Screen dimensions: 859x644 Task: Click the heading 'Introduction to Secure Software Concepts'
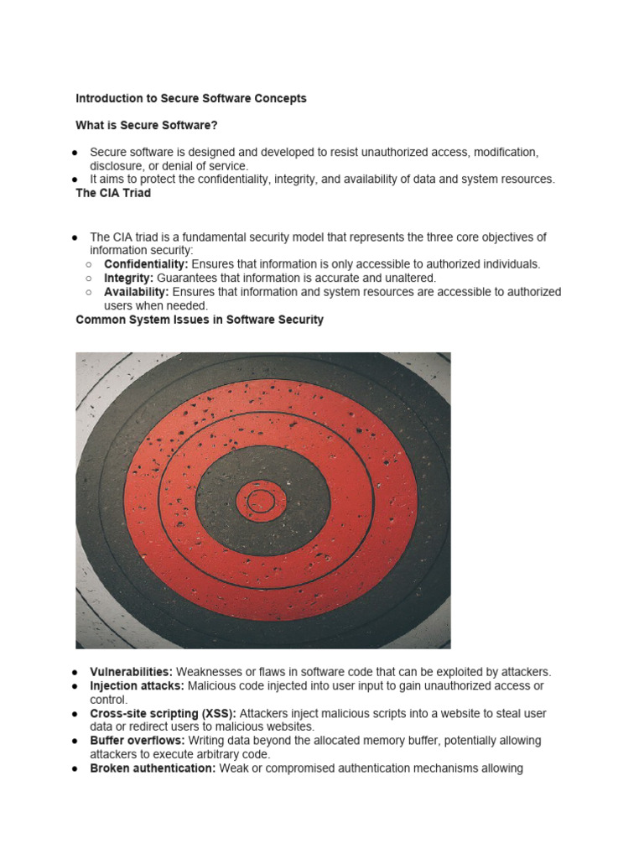[191, 98]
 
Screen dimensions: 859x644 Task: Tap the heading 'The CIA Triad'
[113, 193]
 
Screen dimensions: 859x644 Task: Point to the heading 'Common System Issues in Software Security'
[200, 320]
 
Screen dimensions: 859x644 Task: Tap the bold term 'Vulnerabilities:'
[131, 672]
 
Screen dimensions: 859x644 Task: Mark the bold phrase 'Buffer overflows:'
[138, 741]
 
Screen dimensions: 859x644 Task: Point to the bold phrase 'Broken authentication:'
[153, 768]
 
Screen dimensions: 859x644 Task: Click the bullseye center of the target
[261, 501]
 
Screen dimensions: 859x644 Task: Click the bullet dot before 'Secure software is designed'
[75, 153]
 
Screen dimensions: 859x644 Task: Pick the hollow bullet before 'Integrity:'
[89, 278]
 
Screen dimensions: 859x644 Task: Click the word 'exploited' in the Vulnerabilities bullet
[454, 672]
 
